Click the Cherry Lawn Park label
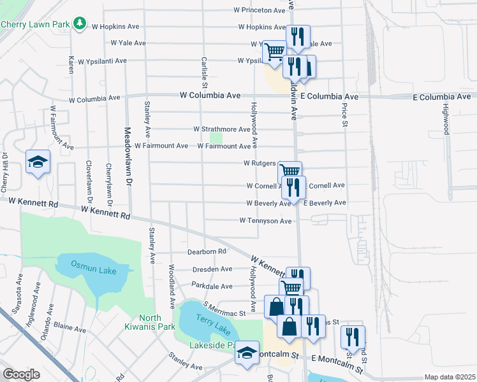(x=34, y=24)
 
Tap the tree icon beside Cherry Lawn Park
(x=80, y=24)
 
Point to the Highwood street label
(x=446, y=119)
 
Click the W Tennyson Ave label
(x=265, y=221)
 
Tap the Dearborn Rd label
(x=207, y=251)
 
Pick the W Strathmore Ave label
(x=222, y=129)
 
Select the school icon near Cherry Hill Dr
(x=38, y=162)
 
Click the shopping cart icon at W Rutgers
(x=290, y=171)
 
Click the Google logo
(x=21, y=374)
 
